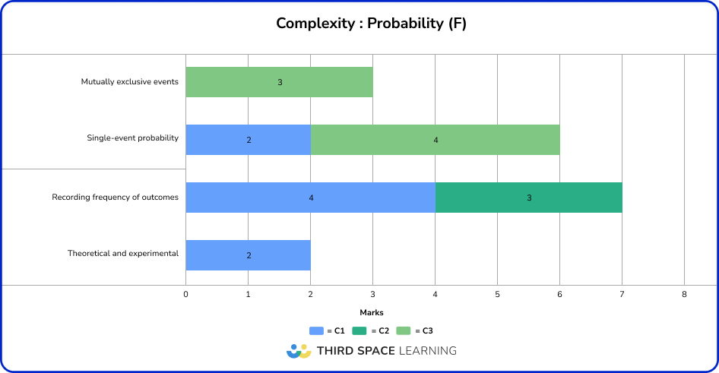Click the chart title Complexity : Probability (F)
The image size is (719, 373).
371,24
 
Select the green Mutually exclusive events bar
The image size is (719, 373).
279,82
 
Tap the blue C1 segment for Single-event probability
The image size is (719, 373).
248,140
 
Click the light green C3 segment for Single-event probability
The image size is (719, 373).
435,140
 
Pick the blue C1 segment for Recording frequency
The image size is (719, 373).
310,198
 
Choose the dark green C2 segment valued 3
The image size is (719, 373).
528,198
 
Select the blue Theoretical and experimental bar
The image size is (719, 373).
248,255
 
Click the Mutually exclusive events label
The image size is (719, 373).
129,82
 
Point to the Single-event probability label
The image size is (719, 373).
132,138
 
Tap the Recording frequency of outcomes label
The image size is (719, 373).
115,198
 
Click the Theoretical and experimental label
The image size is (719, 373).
123,254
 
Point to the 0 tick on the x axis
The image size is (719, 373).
185,293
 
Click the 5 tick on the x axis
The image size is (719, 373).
497,293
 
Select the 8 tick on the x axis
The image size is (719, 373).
684,293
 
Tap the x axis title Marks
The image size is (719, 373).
371,312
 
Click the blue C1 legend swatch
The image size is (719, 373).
317,330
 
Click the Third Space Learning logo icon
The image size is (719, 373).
299,351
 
